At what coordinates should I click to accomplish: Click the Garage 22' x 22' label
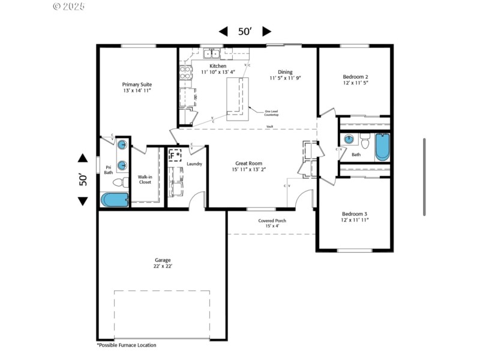pyautogui.click(x=162, y=263)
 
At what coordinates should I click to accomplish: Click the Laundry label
pyautogui.click(x=194, y=164)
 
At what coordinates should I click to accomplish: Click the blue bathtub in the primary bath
pyautogui.click(x=115, y=200)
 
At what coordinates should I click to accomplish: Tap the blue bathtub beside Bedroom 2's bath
pyautogui.click(x=382, y=148)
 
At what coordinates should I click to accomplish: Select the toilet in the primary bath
pyautogui.click(x=121, y=181)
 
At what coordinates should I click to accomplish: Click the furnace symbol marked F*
pyautogui.click(x=175, y=155)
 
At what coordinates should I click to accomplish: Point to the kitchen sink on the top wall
pyautogui.click(x=212, y=55)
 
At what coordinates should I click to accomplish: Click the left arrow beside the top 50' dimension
pyautogui.click(x=223, y=32)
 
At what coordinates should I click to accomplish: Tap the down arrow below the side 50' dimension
pyautogui.click(x=83, y=201)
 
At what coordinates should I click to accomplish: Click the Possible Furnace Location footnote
pyautogui.click(x=127, y=345)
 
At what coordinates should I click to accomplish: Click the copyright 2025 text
pyautogui.click(x=69, y=7)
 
